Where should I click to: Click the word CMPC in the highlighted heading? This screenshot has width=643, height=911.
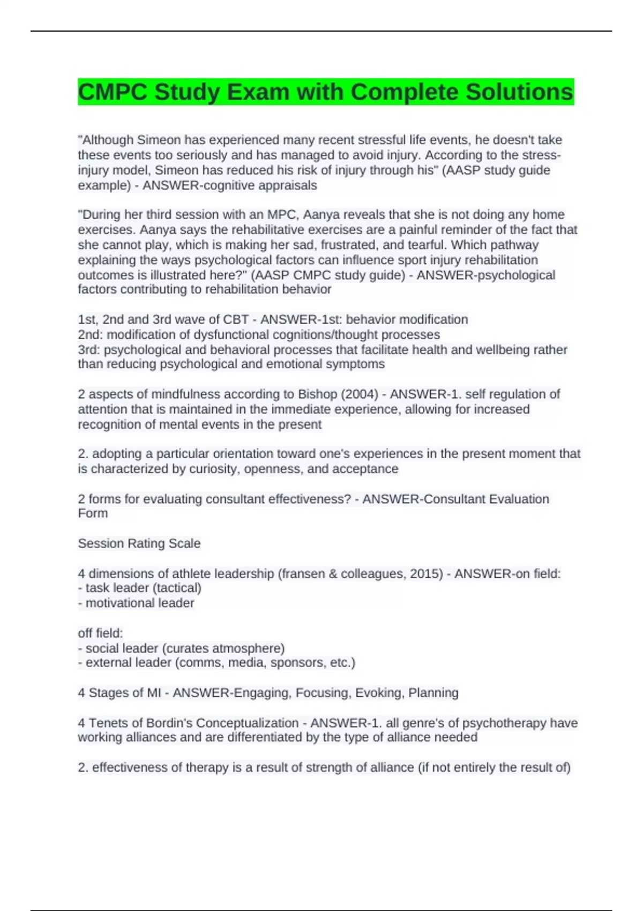tap(112, 92)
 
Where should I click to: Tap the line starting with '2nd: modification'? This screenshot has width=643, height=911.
tap(259, 334)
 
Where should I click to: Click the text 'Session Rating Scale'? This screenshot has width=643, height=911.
tap(139, 543)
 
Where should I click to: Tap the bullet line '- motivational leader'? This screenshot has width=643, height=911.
tap(136, 603)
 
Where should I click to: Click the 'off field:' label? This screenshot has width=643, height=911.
tap(100, 633)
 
